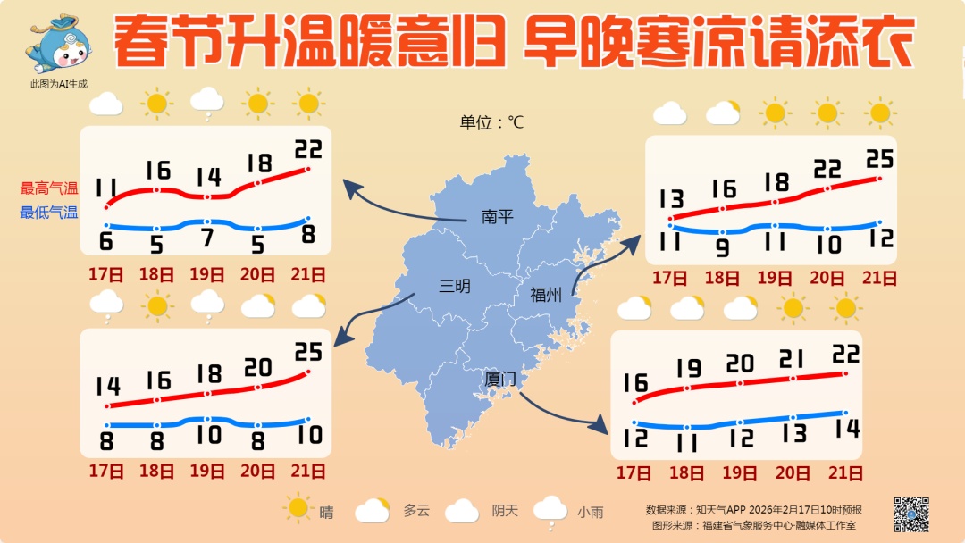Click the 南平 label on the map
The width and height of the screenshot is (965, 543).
497,216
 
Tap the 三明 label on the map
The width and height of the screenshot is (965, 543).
454,286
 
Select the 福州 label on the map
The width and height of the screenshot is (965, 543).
545,295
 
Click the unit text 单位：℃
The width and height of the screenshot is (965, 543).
491,122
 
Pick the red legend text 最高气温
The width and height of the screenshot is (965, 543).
49,188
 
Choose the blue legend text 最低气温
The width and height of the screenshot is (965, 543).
49,213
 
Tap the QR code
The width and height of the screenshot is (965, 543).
911,514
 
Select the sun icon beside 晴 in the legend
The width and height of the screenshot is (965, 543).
298,509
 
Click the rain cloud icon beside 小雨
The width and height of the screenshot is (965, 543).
550,511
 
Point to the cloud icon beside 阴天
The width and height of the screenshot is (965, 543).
462,511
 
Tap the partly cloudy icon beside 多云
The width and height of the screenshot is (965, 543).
373,510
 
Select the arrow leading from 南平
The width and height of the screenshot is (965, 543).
393,204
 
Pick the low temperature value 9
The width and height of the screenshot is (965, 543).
722,247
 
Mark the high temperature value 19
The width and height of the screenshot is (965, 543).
688,367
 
